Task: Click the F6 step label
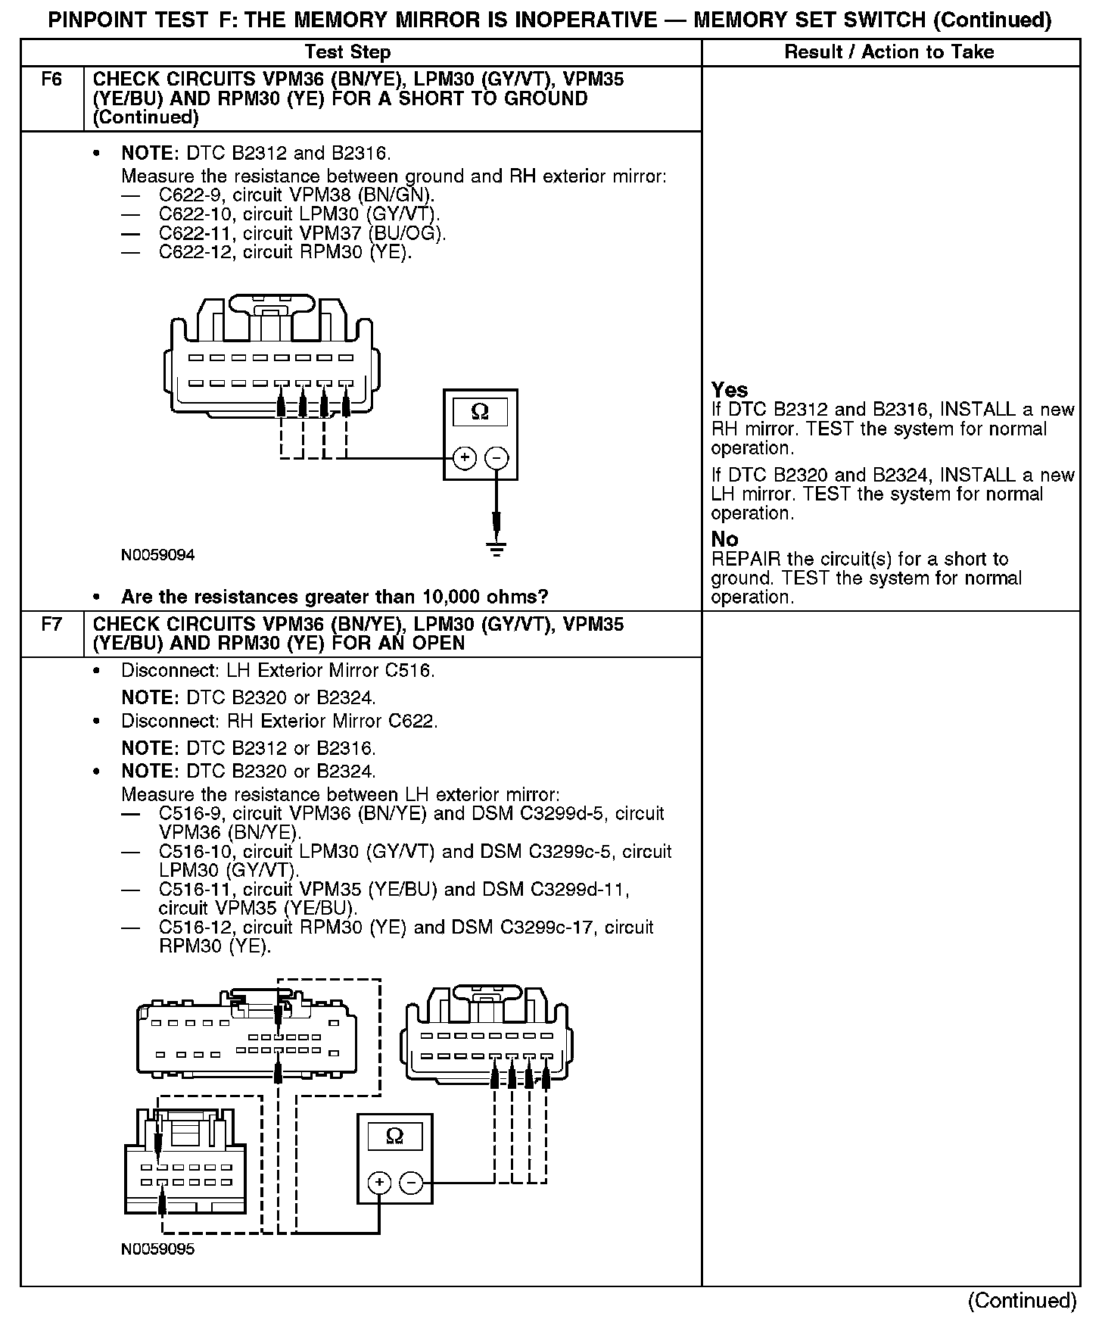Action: pyautogui.click(x=51, y=80)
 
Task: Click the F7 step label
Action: pyautogui.click(x=51, y=625)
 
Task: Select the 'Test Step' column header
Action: pyautogui.click(x=347, y=52)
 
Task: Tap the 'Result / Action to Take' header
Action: pyautogui.click(x=889, y=52)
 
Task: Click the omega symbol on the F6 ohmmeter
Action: pyautogui.click(x=480, y=412)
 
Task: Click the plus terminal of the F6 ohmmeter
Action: pyautogui.click(x=464, y=458)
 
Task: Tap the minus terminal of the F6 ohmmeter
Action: pyautogui.click(x=497, y=458)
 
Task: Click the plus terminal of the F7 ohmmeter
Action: pyautogui.click(x=379, y=1182)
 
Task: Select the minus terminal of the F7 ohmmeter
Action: pyautogui.click(x=411, y=1182)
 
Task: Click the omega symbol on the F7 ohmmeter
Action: pyautogui.click(x=394, y=1136)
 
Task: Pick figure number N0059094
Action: pyautogui.click(x=157, y=555)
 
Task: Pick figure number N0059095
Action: pyautogui.click(x=157, y=1249)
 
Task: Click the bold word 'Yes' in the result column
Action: pyautogui.click(x=730, y=390)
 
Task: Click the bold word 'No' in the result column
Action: pyautogui.click(x=724, y=539)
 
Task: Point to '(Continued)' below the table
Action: pyautogui.click(x=1022, y=1300)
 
